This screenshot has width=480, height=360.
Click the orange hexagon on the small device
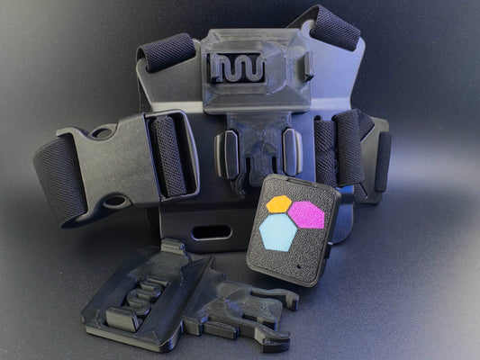279,205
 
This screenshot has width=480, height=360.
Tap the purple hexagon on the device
306,214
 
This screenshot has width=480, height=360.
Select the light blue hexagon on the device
278,233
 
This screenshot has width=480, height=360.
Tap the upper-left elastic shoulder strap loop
167,51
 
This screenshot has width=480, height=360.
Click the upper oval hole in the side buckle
101,134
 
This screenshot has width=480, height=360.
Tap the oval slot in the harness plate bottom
211,232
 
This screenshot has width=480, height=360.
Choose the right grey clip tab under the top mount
292,150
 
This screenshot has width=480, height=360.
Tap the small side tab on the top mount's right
308,66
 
